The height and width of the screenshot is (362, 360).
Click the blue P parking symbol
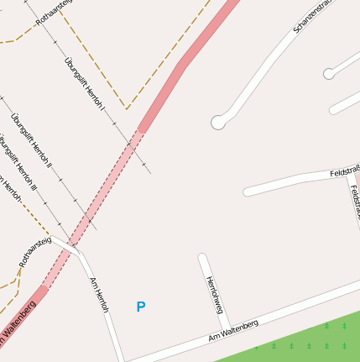(140, 307)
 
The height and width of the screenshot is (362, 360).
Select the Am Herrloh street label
(100, 295)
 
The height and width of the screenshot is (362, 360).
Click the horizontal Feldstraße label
(344, 171)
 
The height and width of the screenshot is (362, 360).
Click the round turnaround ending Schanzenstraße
(218, 123)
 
